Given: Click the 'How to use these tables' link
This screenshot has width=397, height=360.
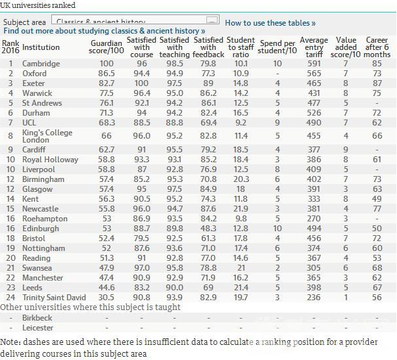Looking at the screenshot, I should point(270,22).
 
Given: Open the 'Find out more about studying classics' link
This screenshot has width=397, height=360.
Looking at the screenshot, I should point(104,31).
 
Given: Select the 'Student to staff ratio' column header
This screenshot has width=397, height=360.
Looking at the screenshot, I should point(241,47).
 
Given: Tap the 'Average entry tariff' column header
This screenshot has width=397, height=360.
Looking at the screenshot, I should point(314,47).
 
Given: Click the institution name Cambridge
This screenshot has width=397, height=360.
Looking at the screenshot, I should point(41,64).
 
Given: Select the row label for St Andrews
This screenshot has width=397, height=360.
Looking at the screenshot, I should point(41,103).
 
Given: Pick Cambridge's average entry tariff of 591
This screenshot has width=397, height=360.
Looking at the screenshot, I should point(314,64).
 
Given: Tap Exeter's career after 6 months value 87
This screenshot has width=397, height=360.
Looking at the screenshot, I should point(376,83).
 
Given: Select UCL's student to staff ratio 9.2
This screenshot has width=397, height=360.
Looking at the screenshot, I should point(241,123).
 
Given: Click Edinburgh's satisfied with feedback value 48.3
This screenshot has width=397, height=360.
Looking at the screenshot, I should point(208,228).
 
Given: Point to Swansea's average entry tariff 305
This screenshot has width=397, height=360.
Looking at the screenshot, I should point(314,267).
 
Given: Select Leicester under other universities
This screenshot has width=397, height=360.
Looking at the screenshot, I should point(39,326).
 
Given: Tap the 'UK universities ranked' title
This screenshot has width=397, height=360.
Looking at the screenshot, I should point(38,6).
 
